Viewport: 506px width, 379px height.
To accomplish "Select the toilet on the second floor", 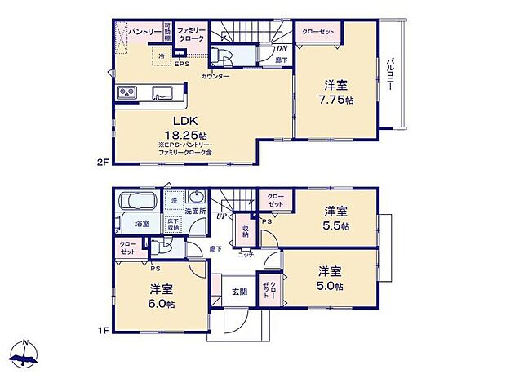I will point(222,56).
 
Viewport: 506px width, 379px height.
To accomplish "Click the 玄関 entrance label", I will point(238,292).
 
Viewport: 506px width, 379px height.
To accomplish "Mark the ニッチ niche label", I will point(246,254).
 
